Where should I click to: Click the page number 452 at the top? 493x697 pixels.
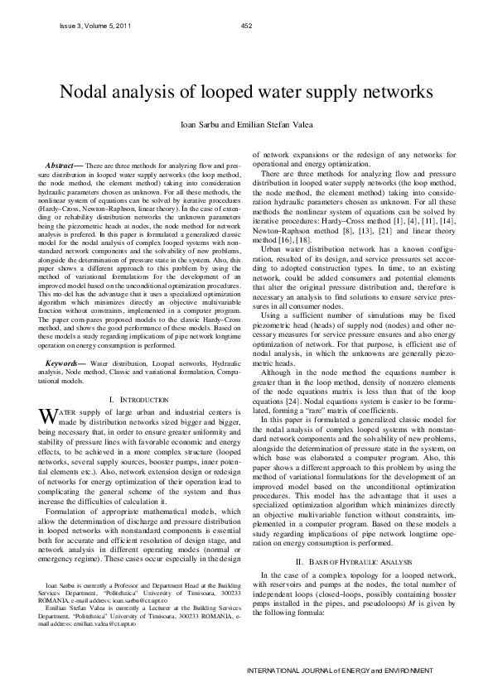click(x=245, y=26)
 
